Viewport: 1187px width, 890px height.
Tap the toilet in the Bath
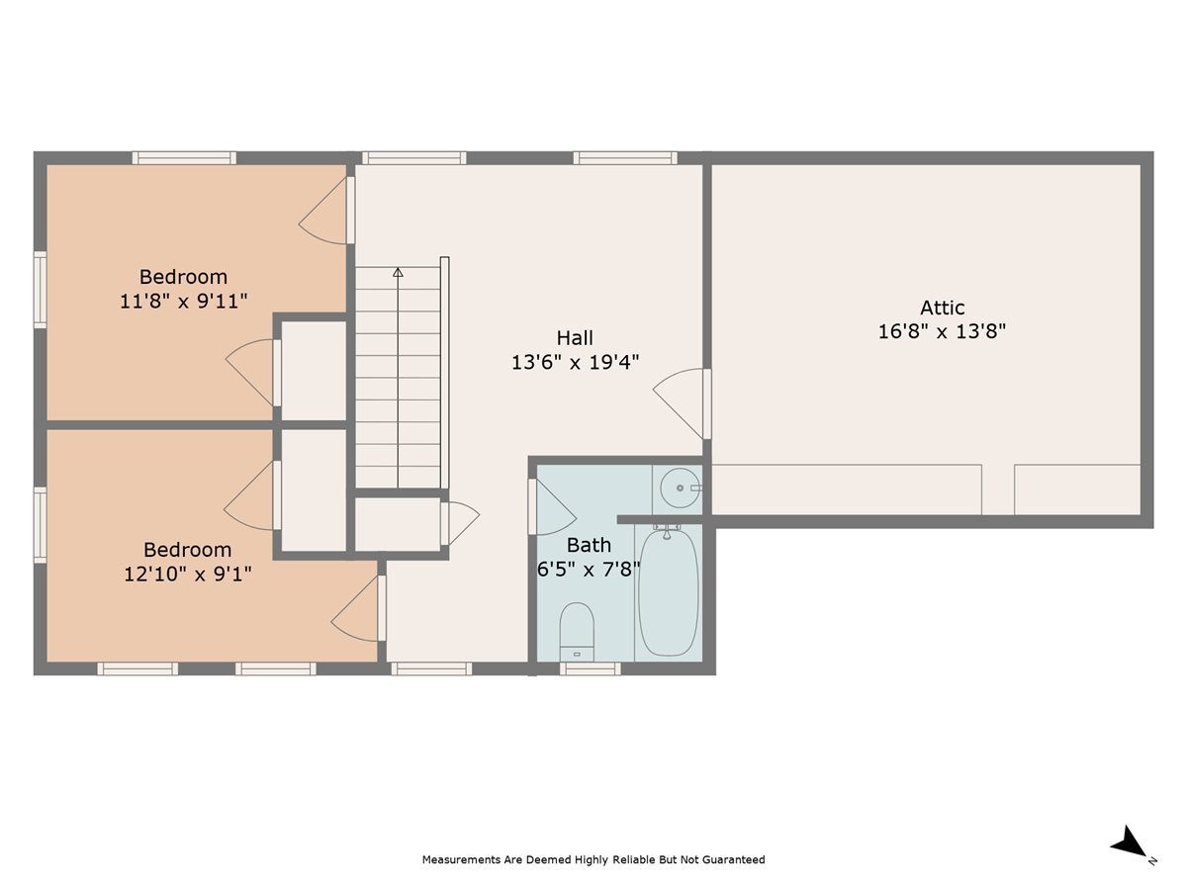[577, 629]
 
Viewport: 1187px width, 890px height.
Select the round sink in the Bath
[680, 489]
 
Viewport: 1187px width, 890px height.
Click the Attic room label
[942, 308]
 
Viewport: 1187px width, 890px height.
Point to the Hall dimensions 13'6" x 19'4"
[575, 362]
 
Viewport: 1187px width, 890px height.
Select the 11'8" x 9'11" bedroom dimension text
[183, 301]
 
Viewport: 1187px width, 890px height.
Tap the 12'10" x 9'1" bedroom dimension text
[188, 574]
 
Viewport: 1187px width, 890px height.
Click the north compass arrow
[1129, 844]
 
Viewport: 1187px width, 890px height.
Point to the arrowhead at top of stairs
[398, 271]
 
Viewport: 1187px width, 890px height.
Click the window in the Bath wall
[590, 668]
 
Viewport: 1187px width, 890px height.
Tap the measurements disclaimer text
[593, 859]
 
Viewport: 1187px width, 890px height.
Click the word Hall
[575, 338]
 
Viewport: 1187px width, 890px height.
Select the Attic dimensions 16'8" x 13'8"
[942, 331]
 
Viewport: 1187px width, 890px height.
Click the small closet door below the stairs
[459, 522]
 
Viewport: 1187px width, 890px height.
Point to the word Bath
[589, 545]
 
